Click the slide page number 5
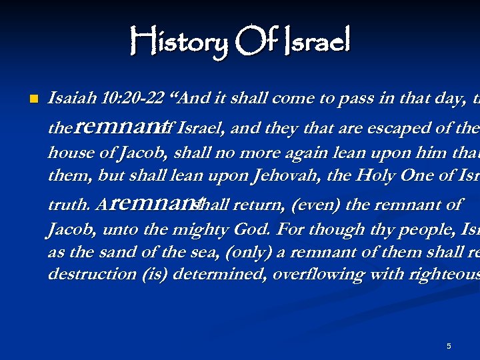tap(449, 346)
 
